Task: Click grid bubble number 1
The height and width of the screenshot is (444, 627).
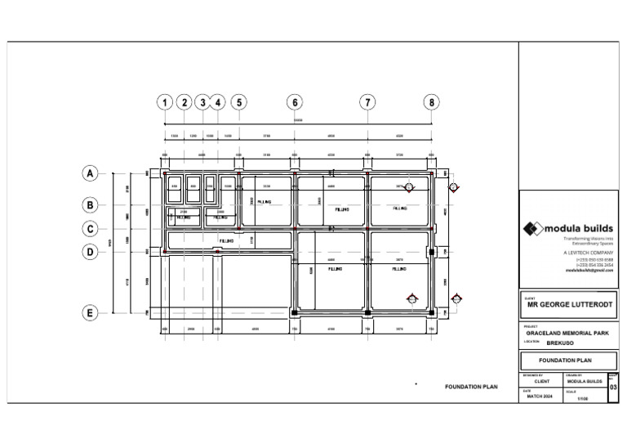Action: tap(166, 102)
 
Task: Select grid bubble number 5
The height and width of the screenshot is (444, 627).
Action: tap(238, 102)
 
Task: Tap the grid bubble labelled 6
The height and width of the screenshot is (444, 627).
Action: tap(294, 102)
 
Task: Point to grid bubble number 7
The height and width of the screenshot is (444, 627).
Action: tap(368, 102)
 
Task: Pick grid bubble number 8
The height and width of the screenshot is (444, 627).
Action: tap(432, 102)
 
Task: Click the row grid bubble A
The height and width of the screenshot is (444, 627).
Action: tap(90, 173)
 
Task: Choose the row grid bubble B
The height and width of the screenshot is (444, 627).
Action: tap(90, 204)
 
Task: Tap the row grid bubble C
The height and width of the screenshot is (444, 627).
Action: tap(90, 229)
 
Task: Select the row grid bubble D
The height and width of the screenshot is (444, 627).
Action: tap(90, 253)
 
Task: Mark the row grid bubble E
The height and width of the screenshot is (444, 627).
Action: tap(90, 312)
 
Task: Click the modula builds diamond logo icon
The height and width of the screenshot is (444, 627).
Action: tap(532, 229)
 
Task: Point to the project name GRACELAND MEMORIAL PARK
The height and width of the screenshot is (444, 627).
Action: tap(569, 334)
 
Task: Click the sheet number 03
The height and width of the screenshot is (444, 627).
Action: tap(614, 388)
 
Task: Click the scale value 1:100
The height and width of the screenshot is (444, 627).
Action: tap(583, 398)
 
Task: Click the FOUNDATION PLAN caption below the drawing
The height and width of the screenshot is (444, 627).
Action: tap(471, 387)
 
